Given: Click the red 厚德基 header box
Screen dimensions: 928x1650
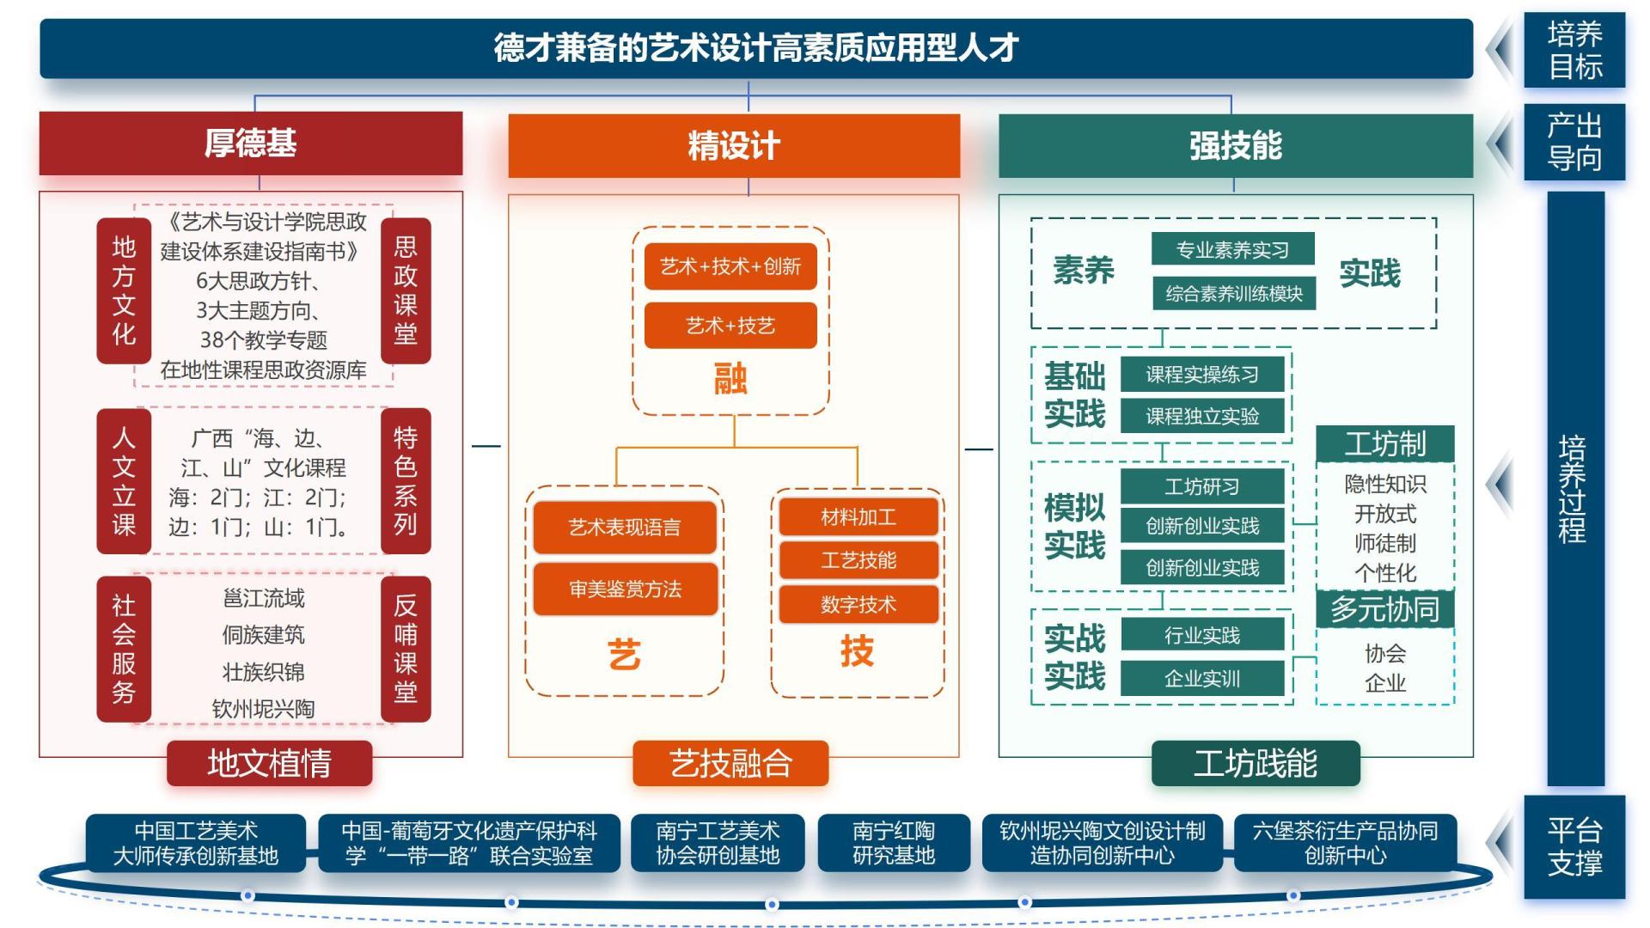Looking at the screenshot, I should click(x=250, y=143).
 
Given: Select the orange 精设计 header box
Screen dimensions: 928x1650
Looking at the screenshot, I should click(x=733, y=145).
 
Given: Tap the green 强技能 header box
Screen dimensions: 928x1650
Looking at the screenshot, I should click(x=1235, y=145).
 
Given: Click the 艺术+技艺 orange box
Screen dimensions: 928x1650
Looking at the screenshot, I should click(x=730, y=326).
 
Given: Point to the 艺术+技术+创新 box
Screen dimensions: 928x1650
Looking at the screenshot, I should click(x=730, y=266).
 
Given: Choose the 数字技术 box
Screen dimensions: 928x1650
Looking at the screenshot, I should click(x=858, y=604).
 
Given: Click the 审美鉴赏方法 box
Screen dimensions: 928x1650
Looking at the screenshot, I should click(x=625, y=589).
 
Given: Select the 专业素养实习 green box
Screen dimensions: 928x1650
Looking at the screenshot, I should click(x=1232, y=249).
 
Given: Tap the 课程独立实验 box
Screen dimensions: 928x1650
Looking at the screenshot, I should click(x=1201, y=416).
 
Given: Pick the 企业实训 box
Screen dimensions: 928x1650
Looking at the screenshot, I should click(x=1201, y=678).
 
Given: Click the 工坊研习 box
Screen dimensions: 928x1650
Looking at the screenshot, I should click(x=1201, y=486).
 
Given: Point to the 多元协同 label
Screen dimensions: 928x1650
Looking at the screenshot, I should click(x=1384, y=609).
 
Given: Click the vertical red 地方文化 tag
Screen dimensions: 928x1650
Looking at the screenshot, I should click(x=124, y=290).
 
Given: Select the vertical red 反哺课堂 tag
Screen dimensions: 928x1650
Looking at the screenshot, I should click(x=405, y=648).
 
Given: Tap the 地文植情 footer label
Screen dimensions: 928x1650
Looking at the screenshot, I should click(x=269, y=763).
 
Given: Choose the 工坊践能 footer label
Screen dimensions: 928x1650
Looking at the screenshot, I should click(x=1255, y=763).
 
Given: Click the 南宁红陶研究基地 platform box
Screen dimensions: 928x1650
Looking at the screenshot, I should click(x=893, y=843).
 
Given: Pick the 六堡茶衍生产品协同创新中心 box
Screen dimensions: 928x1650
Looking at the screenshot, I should click(x=1345, y=843).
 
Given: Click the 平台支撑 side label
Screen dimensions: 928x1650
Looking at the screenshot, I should click(x=1574, y=846).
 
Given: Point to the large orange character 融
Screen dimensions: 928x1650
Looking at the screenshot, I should click(x=730, y=378).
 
